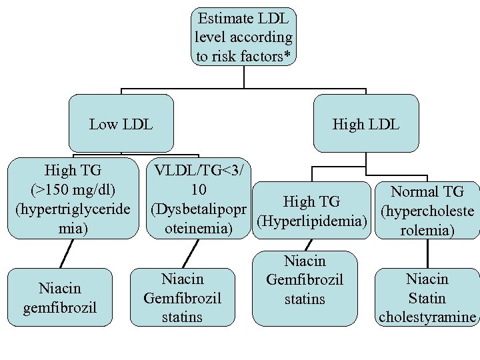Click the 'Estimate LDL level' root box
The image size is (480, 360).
coord(243,37)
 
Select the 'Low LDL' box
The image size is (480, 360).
coord(121,124)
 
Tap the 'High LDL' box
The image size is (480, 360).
coord(366,124)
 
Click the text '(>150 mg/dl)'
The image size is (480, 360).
coord(73,190)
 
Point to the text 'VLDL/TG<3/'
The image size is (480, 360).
coord(197,171)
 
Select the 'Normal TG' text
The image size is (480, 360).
coord(427,192)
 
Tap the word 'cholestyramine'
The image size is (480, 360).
coord(427,317)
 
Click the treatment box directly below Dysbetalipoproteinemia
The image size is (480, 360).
coord(182,297)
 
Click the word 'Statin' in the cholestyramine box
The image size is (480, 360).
coord(427,298)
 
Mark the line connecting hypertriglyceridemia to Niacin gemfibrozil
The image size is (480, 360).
coord(65,254)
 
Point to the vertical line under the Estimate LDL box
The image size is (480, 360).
coord(244,77)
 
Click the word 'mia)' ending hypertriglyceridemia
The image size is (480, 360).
coord(73,229)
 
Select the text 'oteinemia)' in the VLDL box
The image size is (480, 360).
coord(197,229)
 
